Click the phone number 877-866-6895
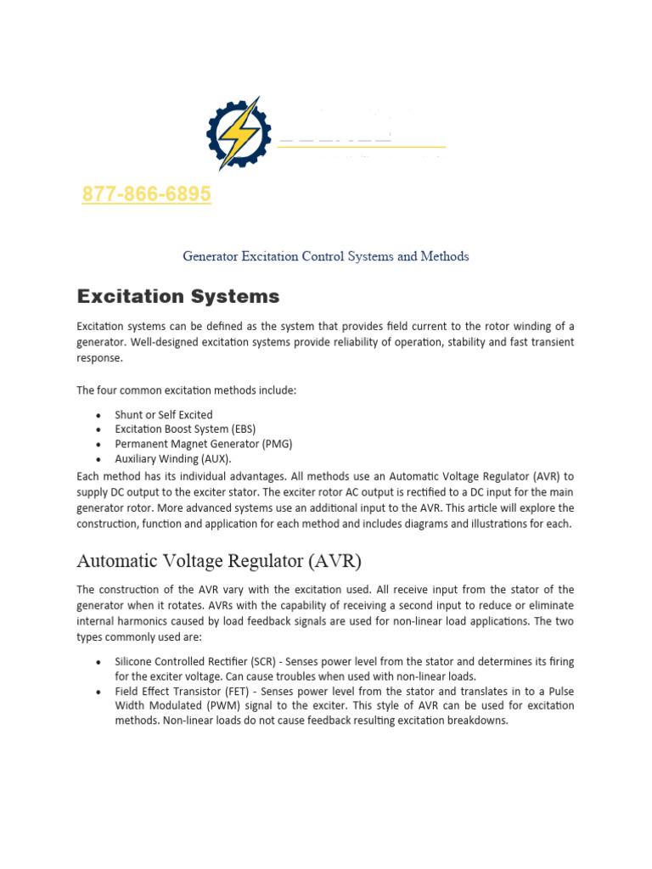pos(146,195)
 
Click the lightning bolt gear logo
pos(239,133)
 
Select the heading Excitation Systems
pos(177,296)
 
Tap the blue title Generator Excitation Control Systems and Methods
pos(326,255)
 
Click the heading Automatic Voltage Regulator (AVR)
pos(220,560)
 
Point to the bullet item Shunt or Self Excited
pos(164,415)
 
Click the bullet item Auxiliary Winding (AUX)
pos(173,458)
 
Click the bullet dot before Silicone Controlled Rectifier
pos(98,662)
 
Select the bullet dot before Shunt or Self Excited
pos(98,416)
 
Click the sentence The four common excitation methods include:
pos(187,390)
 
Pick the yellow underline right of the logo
pos(362,148)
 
